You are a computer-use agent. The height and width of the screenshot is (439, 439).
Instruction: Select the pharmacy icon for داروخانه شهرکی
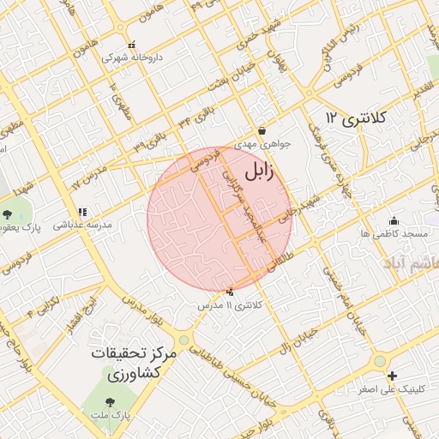click(131, 45)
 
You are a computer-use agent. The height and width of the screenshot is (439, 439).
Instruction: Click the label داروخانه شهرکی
click(132, 58)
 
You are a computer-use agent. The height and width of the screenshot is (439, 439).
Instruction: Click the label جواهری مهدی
click(263, 144)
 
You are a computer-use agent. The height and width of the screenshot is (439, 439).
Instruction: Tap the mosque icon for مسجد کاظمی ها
click(393, 220)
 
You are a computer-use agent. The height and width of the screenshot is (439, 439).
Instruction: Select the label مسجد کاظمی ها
click(394, 233)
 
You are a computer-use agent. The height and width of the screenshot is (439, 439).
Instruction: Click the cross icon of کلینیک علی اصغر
click(392, 376)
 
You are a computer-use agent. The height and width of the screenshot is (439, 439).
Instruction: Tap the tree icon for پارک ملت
click(108, 401)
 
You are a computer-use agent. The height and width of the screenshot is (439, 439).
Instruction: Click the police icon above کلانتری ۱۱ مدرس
click(230, 292)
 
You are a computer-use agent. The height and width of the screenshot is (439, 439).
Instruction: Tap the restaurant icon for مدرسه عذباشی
click(82, 212)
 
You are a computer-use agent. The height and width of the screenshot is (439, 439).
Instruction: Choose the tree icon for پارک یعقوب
click(8, 213)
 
